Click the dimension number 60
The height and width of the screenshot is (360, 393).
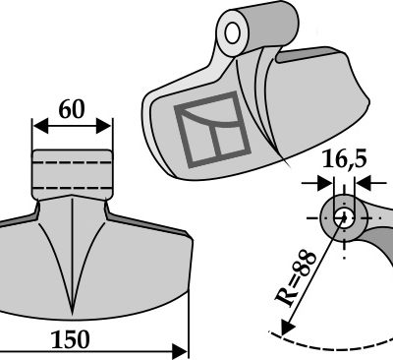(x=72, y=109)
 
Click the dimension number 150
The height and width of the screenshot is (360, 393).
(x=70, y=339)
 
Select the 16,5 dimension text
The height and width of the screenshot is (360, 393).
(x=345, y=160)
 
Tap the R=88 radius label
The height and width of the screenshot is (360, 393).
(x=295, y=278)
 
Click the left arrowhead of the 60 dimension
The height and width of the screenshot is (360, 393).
(x=40, y=127)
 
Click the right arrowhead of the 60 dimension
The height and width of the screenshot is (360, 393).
(x=104, y=127)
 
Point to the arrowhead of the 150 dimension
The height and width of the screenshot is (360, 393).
(x=180, y=351)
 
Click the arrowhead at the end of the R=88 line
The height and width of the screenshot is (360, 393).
(x=287, y=328)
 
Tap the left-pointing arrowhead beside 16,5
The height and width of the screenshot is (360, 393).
(x=363, y=183)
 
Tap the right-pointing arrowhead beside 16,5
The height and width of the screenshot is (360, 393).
(x=325, y=183)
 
